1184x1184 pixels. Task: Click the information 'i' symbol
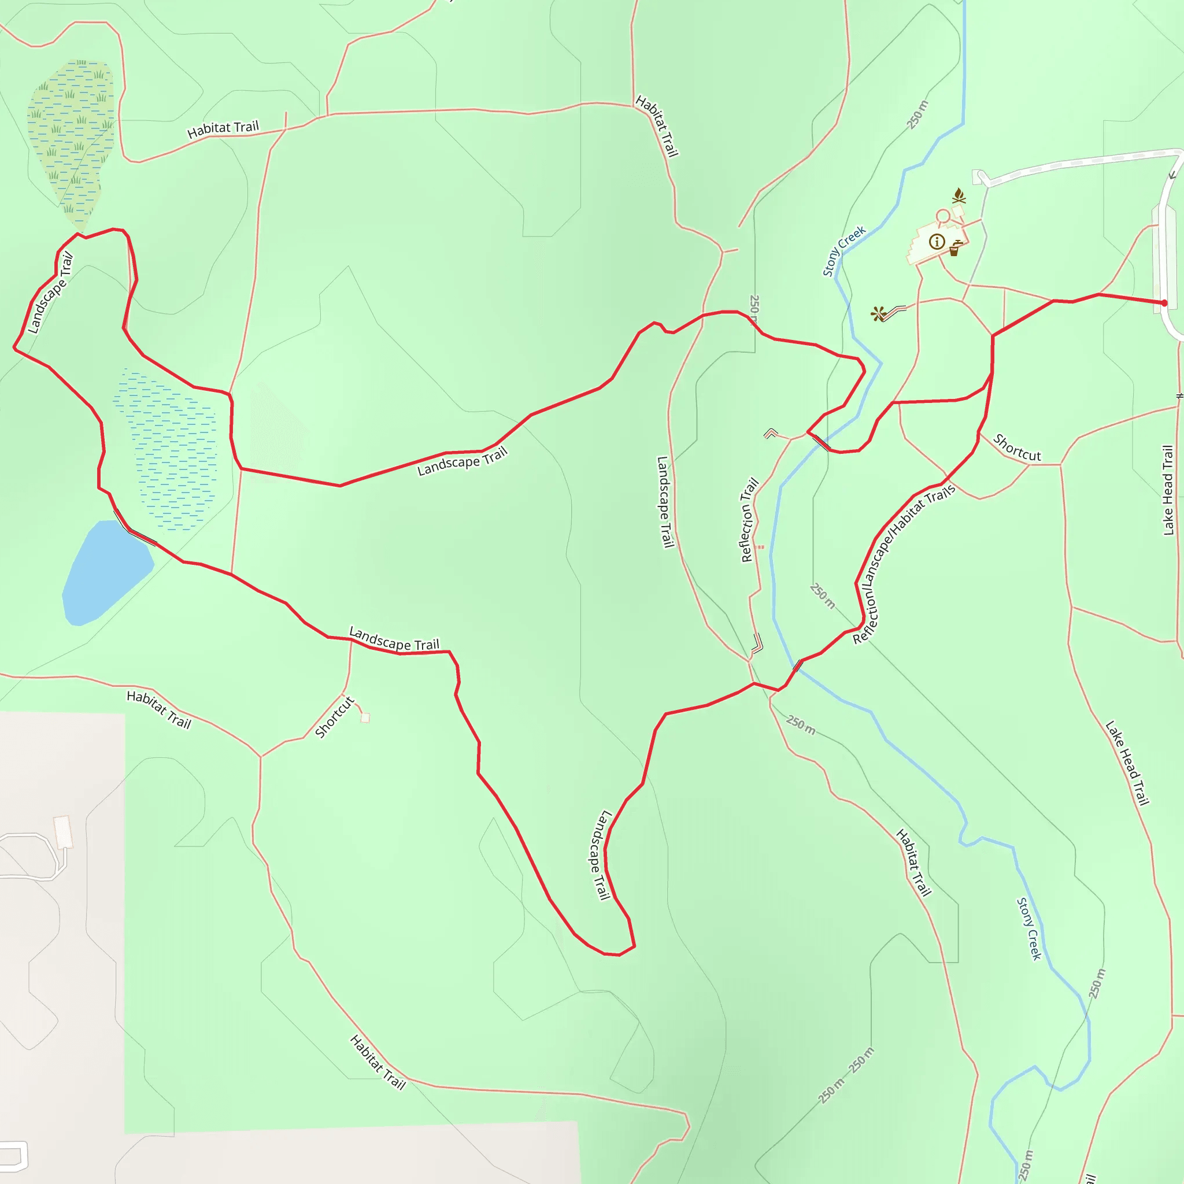click(936, 242)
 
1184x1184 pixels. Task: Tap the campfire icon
click(959, 196)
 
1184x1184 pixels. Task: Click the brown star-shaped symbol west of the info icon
click(878, 314)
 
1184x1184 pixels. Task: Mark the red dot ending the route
click(1164, 303)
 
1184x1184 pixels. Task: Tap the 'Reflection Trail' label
click(749, 520)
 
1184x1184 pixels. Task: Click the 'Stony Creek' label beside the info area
click(843, 251)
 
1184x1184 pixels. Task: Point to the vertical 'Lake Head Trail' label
click(1168, 490)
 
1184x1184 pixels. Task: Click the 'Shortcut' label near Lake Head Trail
click(1017, 447)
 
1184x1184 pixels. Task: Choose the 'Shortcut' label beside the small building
click(335, 716)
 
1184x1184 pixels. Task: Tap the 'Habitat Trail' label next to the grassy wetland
click(223, 129)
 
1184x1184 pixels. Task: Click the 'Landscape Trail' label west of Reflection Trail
click(664, 501)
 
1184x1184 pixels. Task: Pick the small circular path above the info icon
click(942, 216)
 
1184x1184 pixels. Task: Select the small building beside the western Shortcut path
click(365, 717)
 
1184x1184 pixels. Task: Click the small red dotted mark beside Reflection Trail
click(760, 547)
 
